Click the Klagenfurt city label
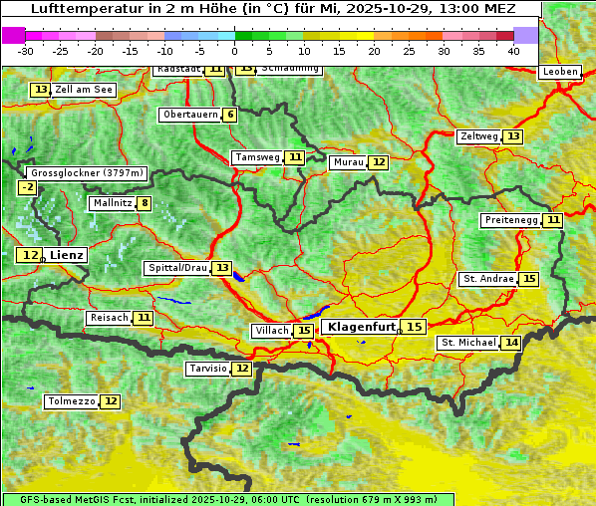pyautogui.click(x=362, y=327)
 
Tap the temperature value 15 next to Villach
pyautogui.click(x=303, y=331)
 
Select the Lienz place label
pyautogui.click(x=67, y=255)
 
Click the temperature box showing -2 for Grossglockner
pyautogui.click(x=27, y=187)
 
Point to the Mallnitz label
pyautogui.click(x=111, y=203)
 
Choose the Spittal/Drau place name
pyautogui.click(x=177, y=268)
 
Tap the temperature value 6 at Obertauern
pyautogui.click(x=230, y=115)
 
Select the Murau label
pyautogui.click(x=348, y=162)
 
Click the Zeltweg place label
pyautogui.click(x=478, y=136)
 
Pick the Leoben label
pyautogui.click(x=559, y=72)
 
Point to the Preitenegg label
pyautogui.click(x=510, y=220)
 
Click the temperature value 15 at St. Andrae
pyautogui.click(x=528, y=279)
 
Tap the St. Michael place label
pyautogui.click(x=468, y=343)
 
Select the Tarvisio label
pyautogui.click(x=208, y=369)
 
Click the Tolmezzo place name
pyautogui.click(x=71, y=401)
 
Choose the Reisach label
pyautogui.click(x=109, y=318)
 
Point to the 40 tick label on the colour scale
pyautogui.click(x=513, y=50)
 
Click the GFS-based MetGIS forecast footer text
pyautogui.click(x=227, y=499)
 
